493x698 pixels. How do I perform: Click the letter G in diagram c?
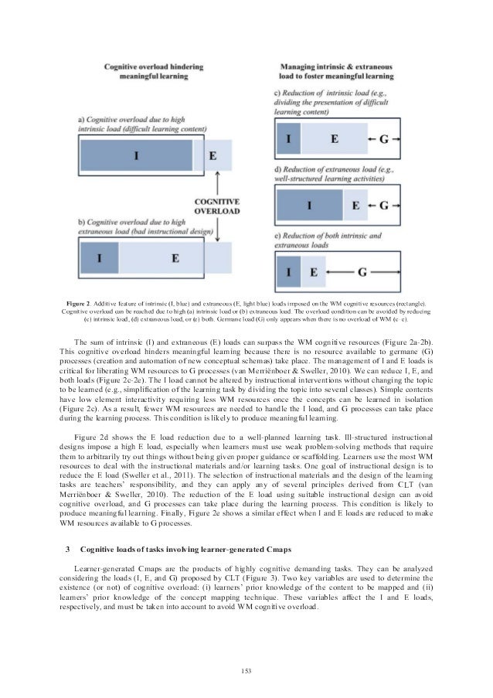point(385,140)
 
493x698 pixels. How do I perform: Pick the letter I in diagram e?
point(287,271)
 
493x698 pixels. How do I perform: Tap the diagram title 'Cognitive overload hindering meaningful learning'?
point(155,70)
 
